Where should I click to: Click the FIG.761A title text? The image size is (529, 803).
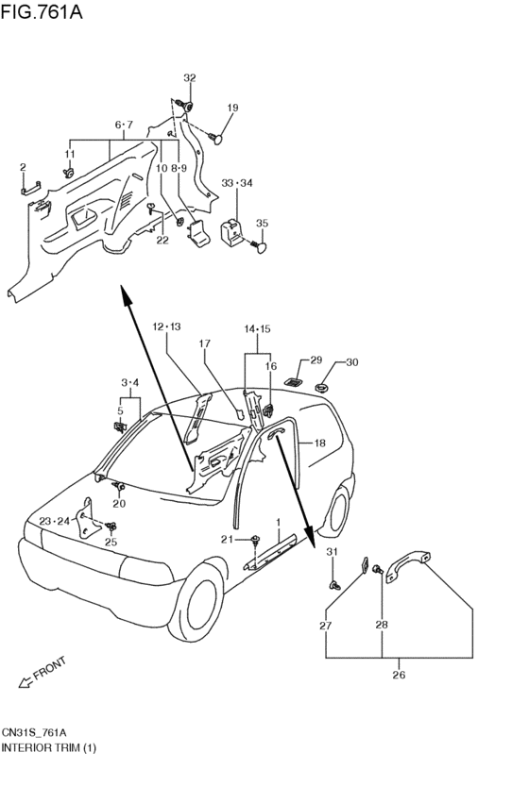pyautogui.click(x=42, y=11)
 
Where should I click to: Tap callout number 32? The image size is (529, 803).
pyautogui.click(x=190, y=77)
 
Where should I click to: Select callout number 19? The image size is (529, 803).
pyautogui.click(x=232, y=108)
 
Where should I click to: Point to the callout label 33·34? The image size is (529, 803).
pyautogui.click(x=237, y=183)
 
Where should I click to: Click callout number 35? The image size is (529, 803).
pyautogui.click(x=262, y=224)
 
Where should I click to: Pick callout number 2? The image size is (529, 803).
pyautogui.click(x=23, y=167)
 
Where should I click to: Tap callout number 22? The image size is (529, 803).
pyautogui.click(x=162, y=241)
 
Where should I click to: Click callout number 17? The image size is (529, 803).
pyautogui.click(x=205, y=343)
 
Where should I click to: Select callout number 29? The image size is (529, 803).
pyautogui.click(x=316, y=360)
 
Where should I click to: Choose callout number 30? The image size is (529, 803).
pyautogui.click(x=352, y=362)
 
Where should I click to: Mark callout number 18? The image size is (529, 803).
pyautogui.click(x=320, y=443)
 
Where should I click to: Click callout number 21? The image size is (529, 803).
pyautogui.click(x=227, y=539)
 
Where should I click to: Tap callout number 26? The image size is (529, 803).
pyautogui.click(x=399, y=675)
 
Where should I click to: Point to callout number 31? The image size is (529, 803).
pyautogui.click(x=333, y=552)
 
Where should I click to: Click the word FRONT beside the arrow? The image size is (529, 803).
pyautogui.click(x=50, y=668)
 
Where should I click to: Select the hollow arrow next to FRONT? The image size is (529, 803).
pyautogui.click(x=25, y=682)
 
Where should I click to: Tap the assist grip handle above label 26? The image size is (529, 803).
pyautogui.click(x=408, y=565)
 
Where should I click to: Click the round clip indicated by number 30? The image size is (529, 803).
pyautogui.click(x=322, y=387)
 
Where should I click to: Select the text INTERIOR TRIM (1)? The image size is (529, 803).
pyautogui.click(x=49, y=747)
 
